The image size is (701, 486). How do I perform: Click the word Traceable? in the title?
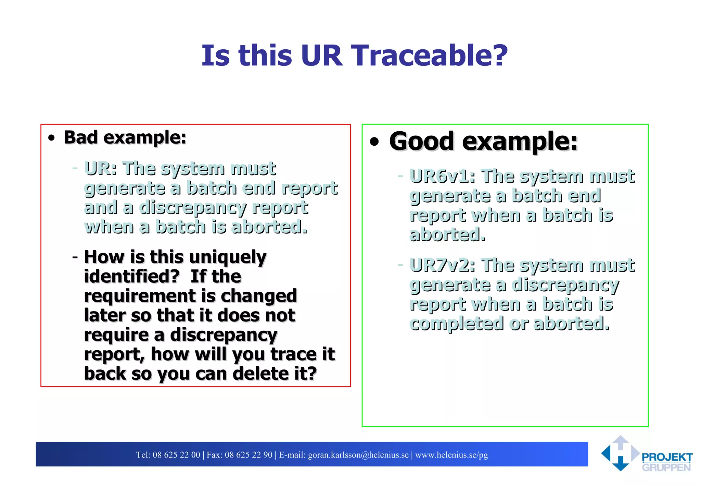point(429,56)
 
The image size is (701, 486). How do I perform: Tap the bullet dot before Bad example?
point(52,138)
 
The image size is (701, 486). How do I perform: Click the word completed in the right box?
point(457,324)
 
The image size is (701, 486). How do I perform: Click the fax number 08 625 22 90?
point(248,455)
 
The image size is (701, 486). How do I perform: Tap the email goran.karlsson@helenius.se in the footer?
point(358,455)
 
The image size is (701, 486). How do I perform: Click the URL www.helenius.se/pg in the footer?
point(451,455)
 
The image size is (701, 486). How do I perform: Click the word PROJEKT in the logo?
point(667,457)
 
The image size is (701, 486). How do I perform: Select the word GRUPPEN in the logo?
point(666,468)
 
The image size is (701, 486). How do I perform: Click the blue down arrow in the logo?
point(621,464)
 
